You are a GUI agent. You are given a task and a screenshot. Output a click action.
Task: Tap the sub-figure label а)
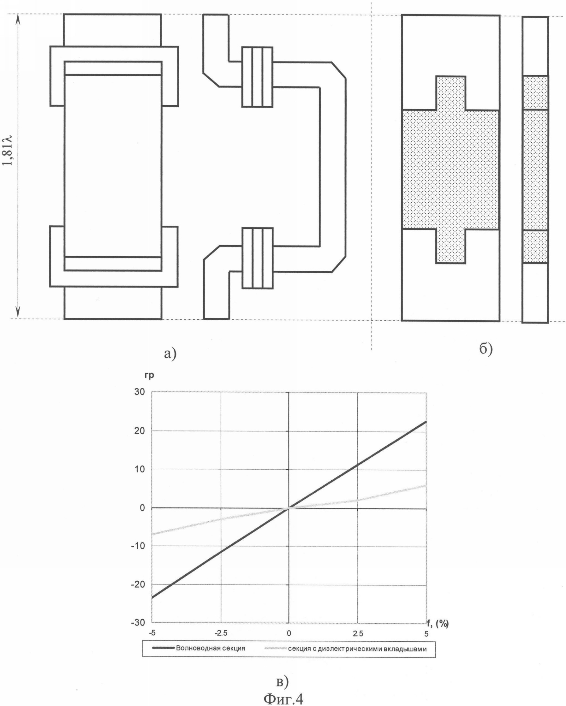tap(170, 354)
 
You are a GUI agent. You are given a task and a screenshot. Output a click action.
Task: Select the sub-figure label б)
tap(486, 349)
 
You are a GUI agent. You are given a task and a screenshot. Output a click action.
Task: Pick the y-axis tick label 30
tap(140, 392)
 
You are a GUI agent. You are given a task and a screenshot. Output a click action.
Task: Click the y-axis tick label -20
tap(138, 584)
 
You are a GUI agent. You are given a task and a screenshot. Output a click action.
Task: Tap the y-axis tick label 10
tap(140, 469)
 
